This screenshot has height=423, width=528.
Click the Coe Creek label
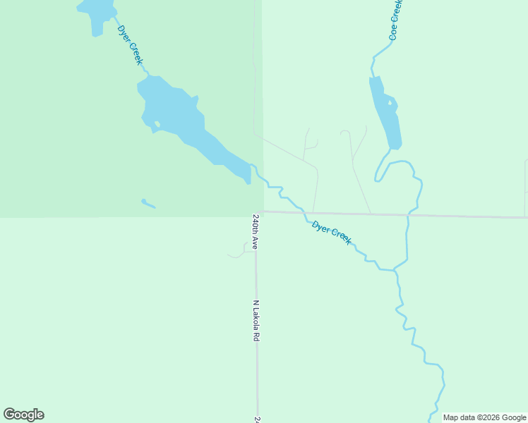point(396,20)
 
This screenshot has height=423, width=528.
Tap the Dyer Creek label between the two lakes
point(130,46)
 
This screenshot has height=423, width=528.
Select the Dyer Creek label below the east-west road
point(331,233)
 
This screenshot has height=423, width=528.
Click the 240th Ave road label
point(256,232)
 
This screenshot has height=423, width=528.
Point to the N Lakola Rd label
point(256,321)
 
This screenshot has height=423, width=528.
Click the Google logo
point(23,415)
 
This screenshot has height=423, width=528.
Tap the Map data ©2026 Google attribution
point(485,417)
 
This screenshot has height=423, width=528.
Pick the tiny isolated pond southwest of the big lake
point(148,204)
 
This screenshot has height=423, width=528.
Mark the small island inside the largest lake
point(157,124)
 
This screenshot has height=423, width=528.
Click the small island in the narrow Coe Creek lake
point(388,102)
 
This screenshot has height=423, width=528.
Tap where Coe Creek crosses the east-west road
point(408,214)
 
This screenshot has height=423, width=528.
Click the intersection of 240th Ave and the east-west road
point(256,211)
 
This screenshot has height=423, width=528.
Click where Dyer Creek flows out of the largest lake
point(251,166)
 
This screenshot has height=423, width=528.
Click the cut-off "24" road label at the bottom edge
point(257,419)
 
